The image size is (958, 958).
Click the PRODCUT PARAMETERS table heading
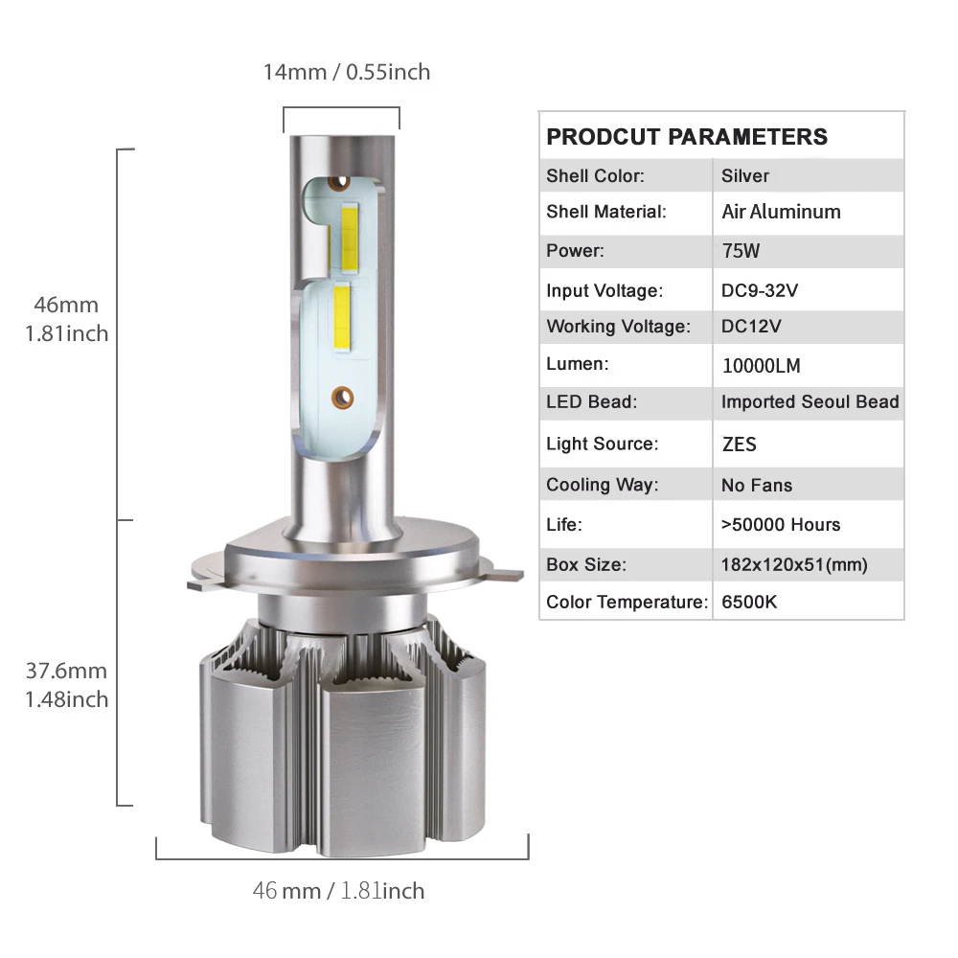[687, 137]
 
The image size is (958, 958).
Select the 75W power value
[741, 250]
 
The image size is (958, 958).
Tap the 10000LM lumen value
[762, 365]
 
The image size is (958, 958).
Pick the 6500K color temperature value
[749, 602]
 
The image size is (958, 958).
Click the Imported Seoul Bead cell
[810, 401]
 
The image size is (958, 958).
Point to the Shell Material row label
[606, 212]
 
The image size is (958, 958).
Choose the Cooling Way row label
[603, 485]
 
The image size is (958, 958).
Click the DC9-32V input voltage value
[760, 290]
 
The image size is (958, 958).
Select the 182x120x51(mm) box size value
[794, 564]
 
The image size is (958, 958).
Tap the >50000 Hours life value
[781, 524]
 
